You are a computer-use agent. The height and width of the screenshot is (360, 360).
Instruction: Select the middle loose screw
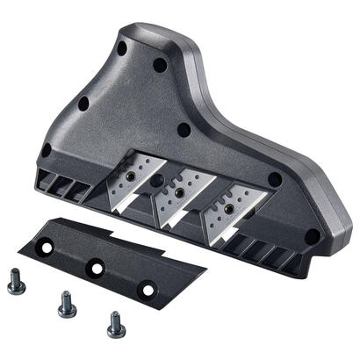coord(66,305)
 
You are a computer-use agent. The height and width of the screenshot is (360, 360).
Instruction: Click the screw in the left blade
coord(130,176)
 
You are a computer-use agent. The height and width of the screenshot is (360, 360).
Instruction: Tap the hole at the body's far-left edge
coord(46,149)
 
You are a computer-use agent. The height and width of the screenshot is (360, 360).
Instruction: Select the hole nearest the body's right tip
coord(312,234)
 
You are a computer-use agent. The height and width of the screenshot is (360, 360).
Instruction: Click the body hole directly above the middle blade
coord(184,131)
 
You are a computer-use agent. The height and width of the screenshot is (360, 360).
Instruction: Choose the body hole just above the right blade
coord(275,179)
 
